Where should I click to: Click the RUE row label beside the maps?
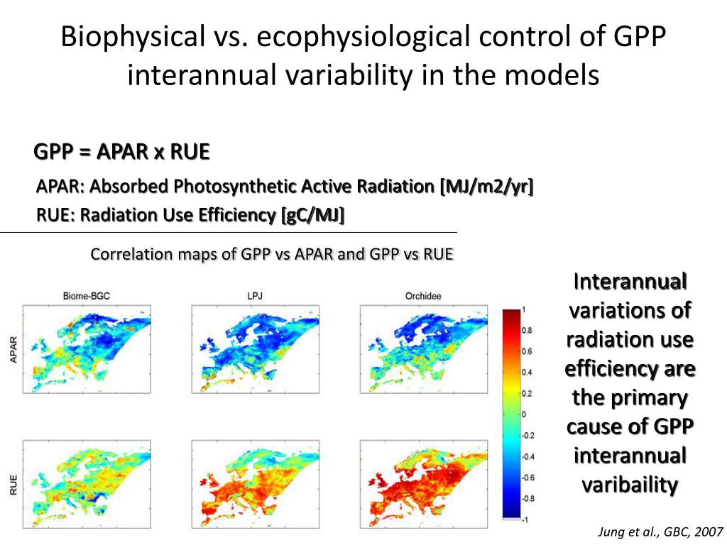[x=13, y=485]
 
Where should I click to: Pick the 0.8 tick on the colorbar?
[x=526, y=330]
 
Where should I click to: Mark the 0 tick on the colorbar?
[x=523, y=414]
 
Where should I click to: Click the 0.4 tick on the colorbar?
[x=526, y=372]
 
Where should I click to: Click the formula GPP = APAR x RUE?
[x=122, y=153]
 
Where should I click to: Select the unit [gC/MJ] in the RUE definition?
[x=312, y=214]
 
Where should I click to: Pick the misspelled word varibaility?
[x=630, y=485]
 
